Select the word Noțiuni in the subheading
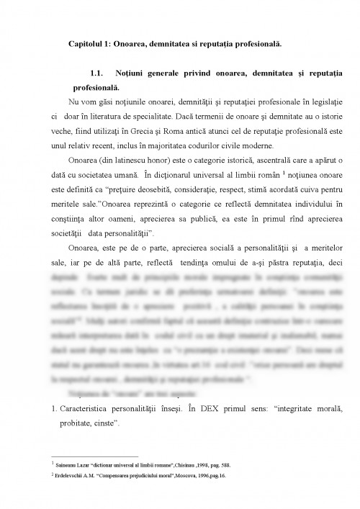click(x=135, y=74)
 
